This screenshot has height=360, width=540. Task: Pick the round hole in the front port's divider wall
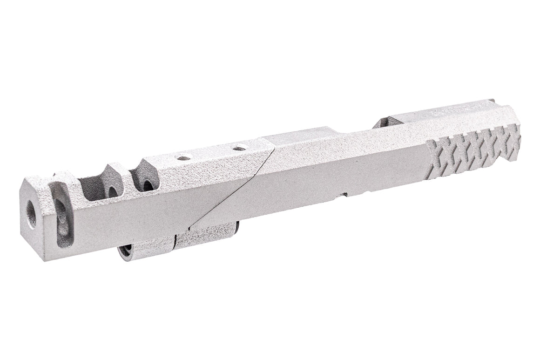click(x=113, y=191)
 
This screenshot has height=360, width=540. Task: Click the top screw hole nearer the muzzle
click(x=184, y=158)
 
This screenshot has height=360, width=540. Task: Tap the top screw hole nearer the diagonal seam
click(x=239, y=149)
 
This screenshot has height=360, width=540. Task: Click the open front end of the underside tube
click(x=124, y=252)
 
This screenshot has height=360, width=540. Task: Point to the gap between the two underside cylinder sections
click(x=174, y=242)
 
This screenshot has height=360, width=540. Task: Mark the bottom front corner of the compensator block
click(x=46, y=259)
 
